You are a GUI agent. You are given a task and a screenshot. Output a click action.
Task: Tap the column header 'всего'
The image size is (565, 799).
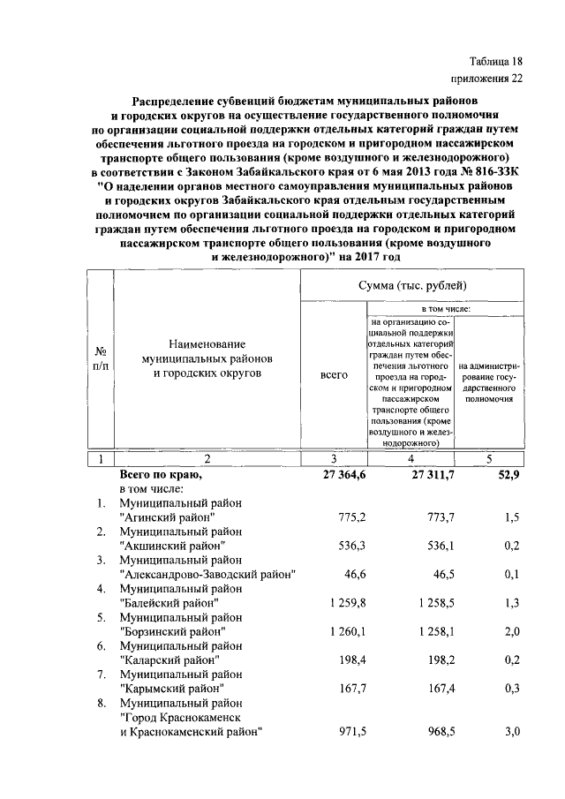(333, 375)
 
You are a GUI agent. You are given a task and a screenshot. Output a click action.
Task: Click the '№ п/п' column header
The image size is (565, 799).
(101, 358)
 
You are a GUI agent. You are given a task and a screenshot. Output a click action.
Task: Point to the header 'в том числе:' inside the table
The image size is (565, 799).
(446, 309)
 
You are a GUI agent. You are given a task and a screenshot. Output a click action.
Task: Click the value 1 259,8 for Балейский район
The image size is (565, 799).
(345, 602)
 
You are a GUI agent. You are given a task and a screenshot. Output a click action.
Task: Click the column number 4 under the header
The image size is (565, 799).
(411, 458)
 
